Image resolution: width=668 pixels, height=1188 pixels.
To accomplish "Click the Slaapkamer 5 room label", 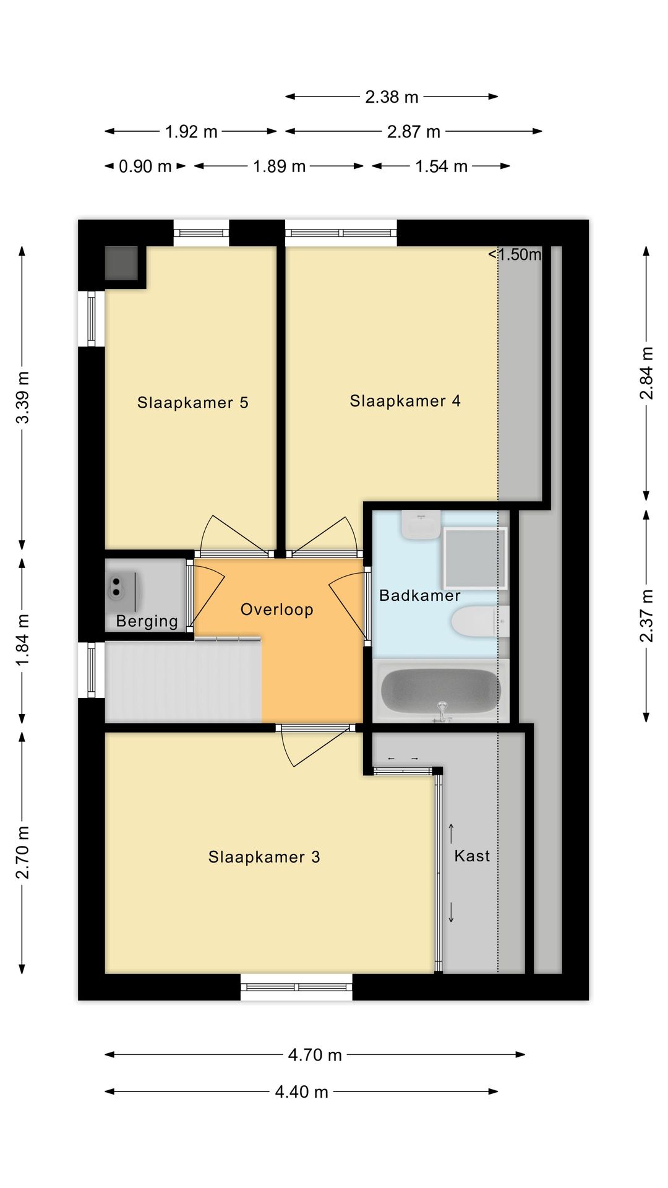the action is click(192, 403).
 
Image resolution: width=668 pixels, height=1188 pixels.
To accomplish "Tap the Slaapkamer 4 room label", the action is click(405, 401).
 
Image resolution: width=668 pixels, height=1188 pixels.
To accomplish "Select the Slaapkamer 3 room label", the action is click(264, 857).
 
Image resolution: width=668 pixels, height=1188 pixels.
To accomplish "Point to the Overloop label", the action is click(276, 609).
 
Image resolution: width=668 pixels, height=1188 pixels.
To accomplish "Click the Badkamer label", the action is click(420, 595).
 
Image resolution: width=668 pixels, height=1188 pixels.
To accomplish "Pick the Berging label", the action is click(147, 621).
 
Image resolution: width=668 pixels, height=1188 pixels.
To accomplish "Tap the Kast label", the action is click(472, 856).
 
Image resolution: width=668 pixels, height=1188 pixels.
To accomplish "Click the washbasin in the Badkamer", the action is click(421, 524).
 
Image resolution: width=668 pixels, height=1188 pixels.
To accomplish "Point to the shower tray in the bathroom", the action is click(475, 558).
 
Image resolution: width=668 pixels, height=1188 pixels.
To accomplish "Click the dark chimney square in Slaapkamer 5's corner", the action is click(121, 263).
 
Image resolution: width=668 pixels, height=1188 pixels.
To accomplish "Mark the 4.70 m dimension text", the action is click(315, 1055).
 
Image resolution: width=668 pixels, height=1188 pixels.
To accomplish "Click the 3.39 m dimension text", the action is click(23, 398).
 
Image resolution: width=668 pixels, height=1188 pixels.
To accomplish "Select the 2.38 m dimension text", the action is click(392, 97).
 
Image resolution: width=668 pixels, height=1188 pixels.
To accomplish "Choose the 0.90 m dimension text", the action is click(145, 166).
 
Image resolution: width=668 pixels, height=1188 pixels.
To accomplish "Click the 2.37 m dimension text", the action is click(646, 616).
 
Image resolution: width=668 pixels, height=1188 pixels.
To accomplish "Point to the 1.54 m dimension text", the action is click(441, 166).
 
